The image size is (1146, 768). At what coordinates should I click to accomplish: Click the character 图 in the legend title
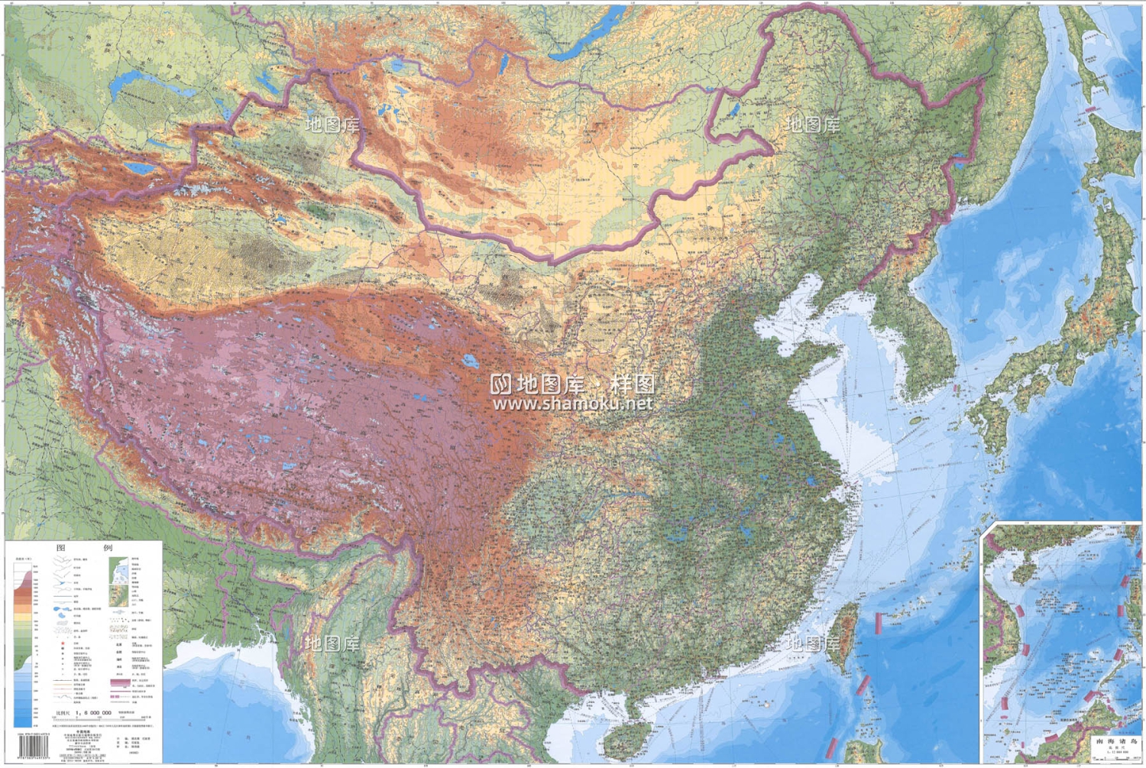pyautogui.click(x=61, y=548)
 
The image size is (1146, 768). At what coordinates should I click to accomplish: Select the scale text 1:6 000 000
pyautogui.click(x=94, y=712)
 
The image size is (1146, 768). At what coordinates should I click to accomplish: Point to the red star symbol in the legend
pyautogui.click(x=62, y=643)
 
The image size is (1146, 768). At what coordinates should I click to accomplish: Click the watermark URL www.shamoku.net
pyautogui.click(x=573, y=403)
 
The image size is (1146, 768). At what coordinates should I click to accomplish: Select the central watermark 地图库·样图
pyautogui.click(x=573, y=384)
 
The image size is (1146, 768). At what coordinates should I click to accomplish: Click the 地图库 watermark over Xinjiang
pyautogui.click(x=332, y=125)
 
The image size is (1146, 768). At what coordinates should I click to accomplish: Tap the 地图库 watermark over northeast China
pyautogui.click(x=813, y=125)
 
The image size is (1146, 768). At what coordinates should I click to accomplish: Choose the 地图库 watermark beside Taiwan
pyautogui.click(x=813, y=643)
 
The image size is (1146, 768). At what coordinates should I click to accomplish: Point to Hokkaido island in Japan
pyautogui.click(x=1112, y=145)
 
